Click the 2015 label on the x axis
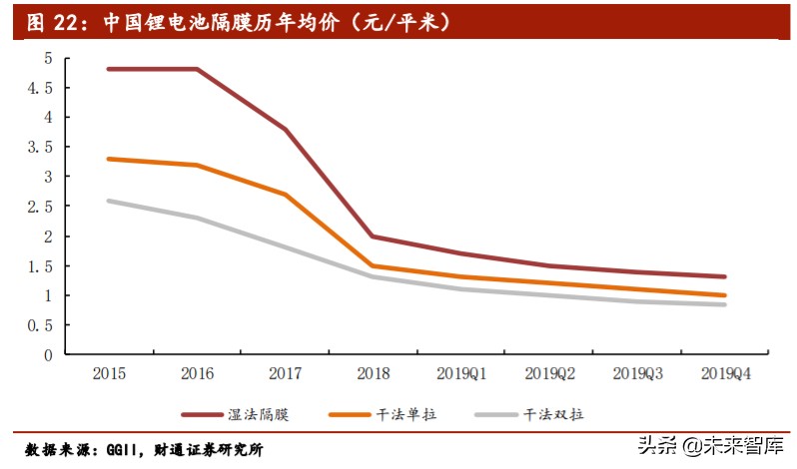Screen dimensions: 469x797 tap(109, 373)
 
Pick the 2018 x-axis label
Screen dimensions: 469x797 tap(373, 373)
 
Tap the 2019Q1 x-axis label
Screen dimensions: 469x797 tap(461, 373)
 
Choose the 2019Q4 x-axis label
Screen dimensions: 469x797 tap(725, 373)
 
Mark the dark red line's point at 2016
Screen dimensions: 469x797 tap(197, 69)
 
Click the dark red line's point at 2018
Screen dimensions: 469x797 tap(373, 236)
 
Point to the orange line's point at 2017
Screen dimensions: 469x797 tap(285, 195)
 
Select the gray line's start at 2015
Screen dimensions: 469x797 tap(109, 201)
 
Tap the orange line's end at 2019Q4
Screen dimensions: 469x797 tap(725, 295)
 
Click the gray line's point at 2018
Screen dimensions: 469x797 tap(373, 276)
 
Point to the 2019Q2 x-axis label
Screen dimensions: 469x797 tap(549, 373)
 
